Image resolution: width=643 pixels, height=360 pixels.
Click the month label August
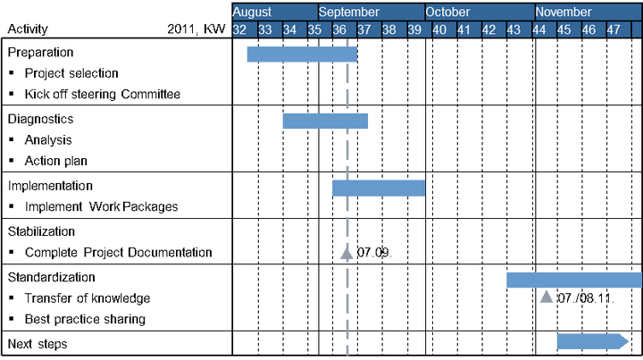pos(252,13)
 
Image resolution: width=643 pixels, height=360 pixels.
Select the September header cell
pos(349,13)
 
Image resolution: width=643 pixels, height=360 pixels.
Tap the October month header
pos(447,13)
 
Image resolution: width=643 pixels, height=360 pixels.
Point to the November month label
pos(564,13)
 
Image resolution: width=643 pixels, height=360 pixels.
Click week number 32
pos(240,29)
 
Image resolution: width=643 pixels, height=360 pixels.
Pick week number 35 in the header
pos(315,29)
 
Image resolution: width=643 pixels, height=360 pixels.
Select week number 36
pos(340,29)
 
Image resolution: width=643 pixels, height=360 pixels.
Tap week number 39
pos(414,29)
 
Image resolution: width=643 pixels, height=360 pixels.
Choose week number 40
pos(439,29)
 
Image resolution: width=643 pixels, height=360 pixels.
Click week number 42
pos(489,29)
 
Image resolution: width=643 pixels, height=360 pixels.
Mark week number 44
pos(539,29)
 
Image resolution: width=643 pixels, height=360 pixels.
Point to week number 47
pos(614,29)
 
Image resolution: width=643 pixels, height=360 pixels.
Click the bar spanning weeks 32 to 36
pos(301,55)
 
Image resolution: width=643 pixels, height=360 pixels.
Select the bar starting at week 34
pos(325,121)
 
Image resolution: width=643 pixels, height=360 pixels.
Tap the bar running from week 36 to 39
pos(378,188)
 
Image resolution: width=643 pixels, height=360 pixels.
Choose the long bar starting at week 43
pos(573,280)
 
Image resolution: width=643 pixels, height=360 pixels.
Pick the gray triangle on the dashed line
pos(347,255)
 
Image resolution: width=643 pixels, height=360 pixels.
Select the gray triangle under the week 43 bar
pos(547,297)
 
